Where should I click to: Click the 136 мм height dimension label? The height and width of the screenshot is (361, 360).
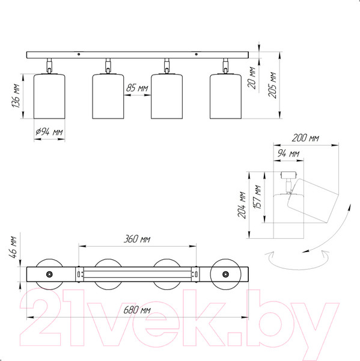17,96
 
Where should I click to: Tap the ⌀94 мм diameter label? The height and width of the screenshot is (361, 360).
49,132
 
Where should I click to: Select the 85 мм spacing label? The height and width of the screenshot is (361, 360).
137,88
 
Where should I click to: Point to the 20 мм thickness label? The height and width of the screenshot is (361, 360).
252,78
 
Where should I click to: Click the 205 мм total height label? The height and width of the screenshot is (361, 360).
273,85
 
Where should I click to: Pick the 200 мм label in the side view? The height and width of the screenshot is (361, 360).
305,138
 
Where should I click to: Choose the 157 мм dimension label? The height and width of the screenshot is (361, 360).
257,197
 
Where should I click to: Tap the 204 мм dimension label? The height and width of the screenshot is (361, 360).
242,205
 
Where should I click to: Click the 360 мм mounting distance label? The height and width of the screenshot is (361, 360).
137,239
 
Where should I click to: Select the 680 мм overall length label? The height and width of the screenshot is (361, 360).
137,310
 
